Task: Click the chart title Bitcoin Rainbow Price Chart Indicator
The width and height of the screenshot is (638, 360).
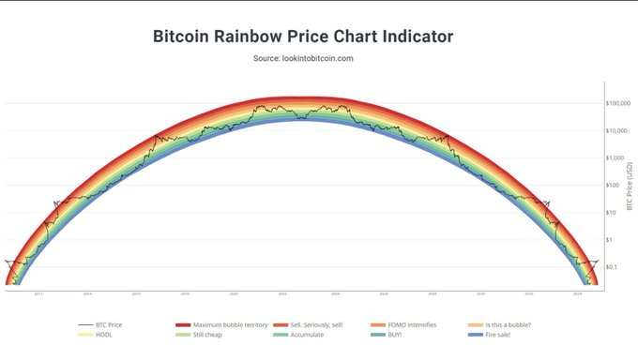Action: [303, 37]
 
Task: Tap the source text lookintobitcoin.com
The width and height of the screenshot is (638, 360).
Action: [303, 59]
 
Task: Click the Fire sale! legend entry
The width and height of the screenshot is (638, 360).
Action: [494, 334]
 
